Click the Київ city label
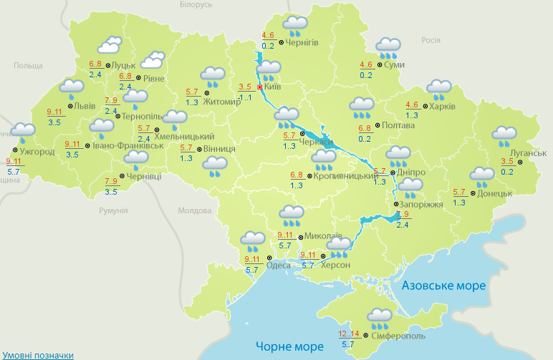pyautogui.click(x=272, y=87)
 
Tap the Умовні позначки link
pyautogui.click(x=37, y=354)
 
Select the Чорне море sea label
pyautogui.click(x=290, y=346)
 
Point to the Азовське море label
pyautogui.click(x=444, y=286)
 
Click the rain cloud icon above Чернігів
pyautogui.click(x=294, y=26)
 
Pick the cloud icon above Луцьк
pyautogui.click(x=108, y=47)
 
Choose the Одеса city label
pyautogui.click(x=279, y=266)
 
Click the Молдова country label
pyautogui.click(x=195, y=210)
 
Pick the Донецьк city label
pyautogui.click(x=494, y=193)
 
